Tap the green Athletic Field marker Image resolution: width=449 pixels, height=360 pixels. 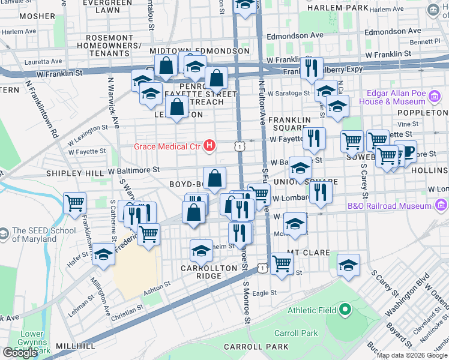pos(345,310)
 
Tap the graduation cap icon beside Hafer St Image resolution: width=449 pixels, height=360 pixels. pos(104,254)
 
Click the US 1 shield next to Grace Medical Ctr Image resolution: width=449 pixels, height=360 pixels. pos(240,146)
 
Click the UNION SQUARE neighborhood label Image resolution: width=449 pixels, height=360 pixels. pos(306,181)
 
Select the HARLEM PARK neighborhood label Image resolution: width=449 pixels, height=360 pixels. pos(336,8)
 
